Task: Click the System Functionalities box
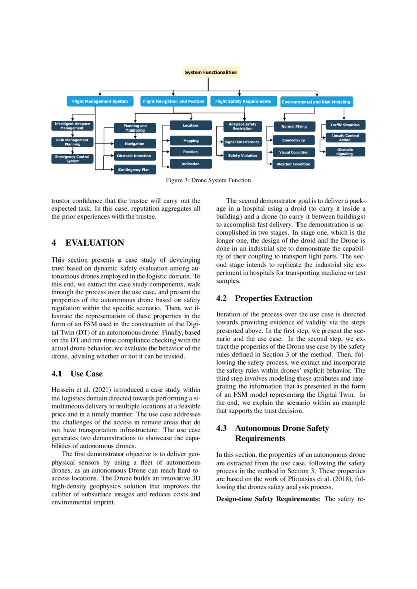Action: coord(210,72)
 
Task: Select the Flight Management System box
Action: coord(99,101)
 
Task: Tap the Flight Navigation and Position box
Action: coord(173,101)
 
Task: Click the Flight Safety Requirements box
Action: coord(243,101)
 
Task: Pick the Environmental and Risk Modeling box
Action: coord(316,102)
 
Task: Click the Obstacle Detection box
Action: coord(134,156)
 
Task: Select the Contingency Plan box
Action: coord(134,170)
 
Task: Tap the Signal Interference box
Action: coord(242,142)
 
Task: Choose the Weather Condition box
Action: coord(293,164)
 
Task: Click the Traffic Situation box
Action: coord(345,124)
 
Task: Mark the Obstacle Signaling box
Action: coord(345,152)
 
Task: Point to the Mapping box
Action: coord(190,141)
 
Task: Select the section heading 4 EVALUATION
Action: coord(88,243)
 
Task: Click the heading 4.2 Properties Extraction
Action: coord(264,298)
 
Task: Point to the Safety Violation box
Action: coord(242,156)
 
